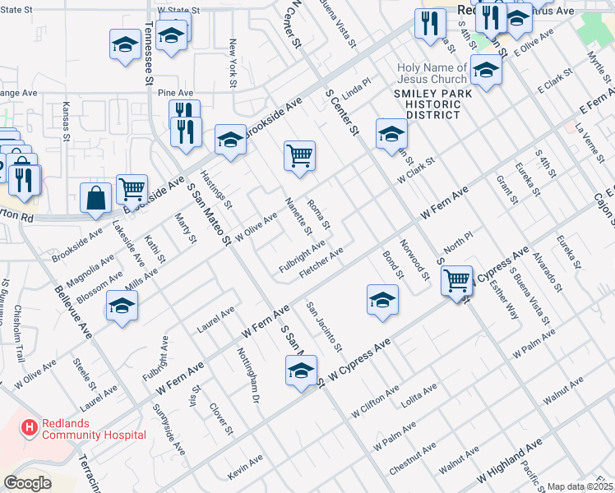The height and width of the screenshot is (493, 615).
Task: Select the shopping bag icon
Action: (96, 198)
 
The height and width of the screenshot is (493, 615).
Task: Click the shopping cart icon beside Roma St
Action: (300, 156)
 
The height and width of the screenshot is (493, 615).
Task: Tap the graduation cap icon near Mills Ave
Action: (122, 307)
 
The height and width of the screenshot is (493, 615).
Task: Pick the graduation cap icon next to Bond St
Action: (382, 299)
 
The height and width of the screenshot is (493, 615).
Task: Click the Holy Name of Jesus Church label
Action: (432, 73)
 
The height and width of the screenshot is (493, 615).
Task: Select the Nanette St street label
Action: (297, 215)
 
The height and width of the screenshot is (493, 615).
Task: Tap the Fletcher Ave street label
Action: (321, 263)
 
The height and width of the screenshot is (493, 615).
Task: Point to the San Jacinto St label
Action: (324, 327)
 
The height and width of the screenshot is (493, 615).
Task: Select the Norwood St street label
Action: (414, 257)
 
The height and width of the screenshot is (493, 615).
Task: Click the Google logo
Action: (28, 483)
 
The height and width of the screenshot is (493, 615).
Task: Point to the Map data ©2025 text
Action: (580, 486)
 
